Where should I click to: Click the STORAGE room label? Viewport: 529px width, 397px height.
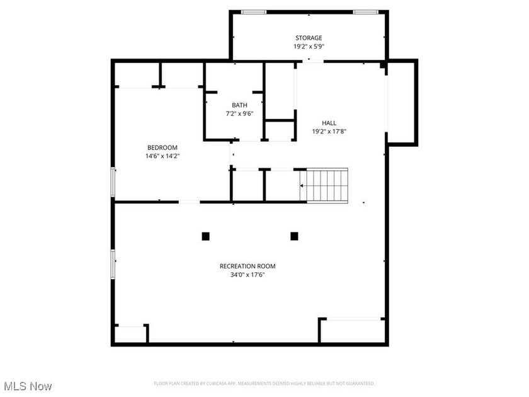[x=309, y=38]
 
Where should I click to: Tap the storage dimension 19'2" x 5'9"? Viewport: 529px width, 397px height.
[x=309, y=47]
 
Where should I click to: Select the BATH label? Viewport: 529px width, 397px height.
[x=239, y=105]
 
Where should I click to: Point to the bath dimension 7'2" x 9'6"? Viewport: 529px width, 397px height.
[x=239, y=114]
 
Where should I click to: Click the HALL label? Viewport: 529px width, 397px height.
[x=329, y=123]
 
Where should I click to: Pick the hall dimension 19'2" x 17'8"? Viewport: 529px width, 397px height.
[x=329, y=132]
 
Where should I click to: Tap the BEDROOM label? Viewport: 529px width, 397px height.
[x=162, y=147]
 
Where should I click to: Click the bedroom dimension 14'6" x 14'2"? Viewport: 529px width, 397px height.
[x=162, y=156]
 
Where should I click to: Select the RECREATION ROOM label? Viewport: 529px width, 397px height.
[x=247, y=266]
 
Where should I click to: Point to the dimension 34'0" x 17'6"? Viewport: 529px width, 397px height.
[x=247, y=275]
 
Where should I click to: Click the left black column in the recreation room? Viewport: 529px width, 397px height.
[x=205, y=236]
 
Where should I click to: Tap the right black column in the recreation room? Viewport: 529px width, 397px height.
[x=294, y=236]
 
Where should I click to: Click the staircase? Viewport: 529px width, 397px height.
[x=324, y=186]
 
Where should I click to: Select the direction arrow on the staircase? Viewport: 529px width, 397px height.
[x=302, y=186]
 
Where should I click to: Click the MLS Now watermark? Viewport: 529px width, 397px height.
[x=28, y=386]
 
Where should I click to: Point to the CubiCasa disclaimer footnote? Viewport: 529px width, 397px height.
[x=264, y=384]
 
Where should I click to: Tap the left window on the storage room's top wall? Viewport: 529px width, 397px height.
[x=254, y=12]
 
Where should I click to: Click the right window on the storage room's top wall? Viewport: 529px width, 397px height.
[x=366, y=12]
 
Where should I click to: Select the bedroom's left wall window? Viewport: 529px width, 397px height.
[x=113, y=182]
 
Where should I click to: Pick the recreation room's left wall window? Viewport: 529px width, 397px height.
[x=113, y=264]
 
